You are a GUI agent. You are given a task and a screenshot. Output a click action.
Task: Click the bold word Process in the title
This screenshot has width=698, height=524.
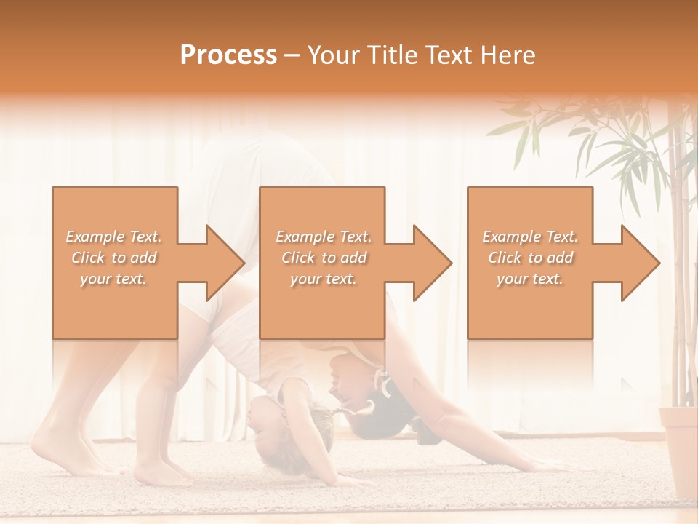coord(228,55)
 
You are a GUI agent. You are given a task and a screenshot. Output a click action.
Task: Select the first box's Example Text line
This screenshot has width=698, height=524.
coord(114,236)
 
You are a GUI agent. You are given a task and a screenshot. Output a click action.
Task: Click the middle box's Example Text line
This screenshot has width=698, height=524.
coord(324,236)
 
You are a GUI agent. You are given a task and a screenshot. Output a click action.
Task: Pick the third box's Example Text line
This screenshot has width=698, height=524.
coord(530,236)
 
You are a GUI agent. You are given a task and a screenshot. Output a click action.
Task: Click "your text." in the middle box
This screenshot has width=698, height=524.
coord(324,278)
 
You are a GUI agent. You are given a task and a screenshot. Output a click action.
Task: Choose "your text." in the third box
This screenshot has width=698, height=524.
coord(530,278)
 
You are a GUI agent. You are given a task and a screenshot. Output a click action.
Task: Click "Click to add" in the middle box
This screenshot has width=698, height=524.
coord(324,257)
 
